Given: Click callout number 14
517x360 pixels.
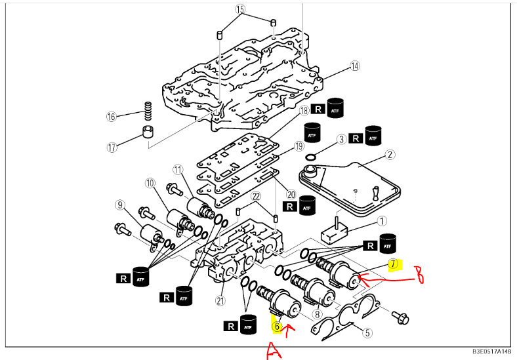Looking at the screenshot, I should tap(355, 66).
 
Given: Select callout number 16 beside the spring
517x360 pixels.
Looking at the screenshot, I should tap(111, 117).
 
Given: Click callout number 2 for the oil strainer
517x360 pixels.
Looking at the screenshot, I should tap(390, 155).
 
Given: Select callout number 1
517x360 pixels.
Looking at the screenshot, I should tap(381, 222).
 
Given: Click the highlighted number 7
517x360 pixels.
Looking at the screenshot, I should tap(394, 264).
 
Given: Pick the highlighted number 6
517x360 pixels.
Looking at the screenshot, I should tap(278, 324).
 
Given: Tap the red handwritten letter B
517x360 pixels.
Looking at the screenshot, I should tap(417, 275).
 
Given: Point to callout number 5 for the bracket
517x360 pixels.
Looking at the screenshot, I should tap(367, 332).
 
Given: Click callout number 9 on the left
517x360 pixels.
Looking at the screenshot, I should tap(119, 205).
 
